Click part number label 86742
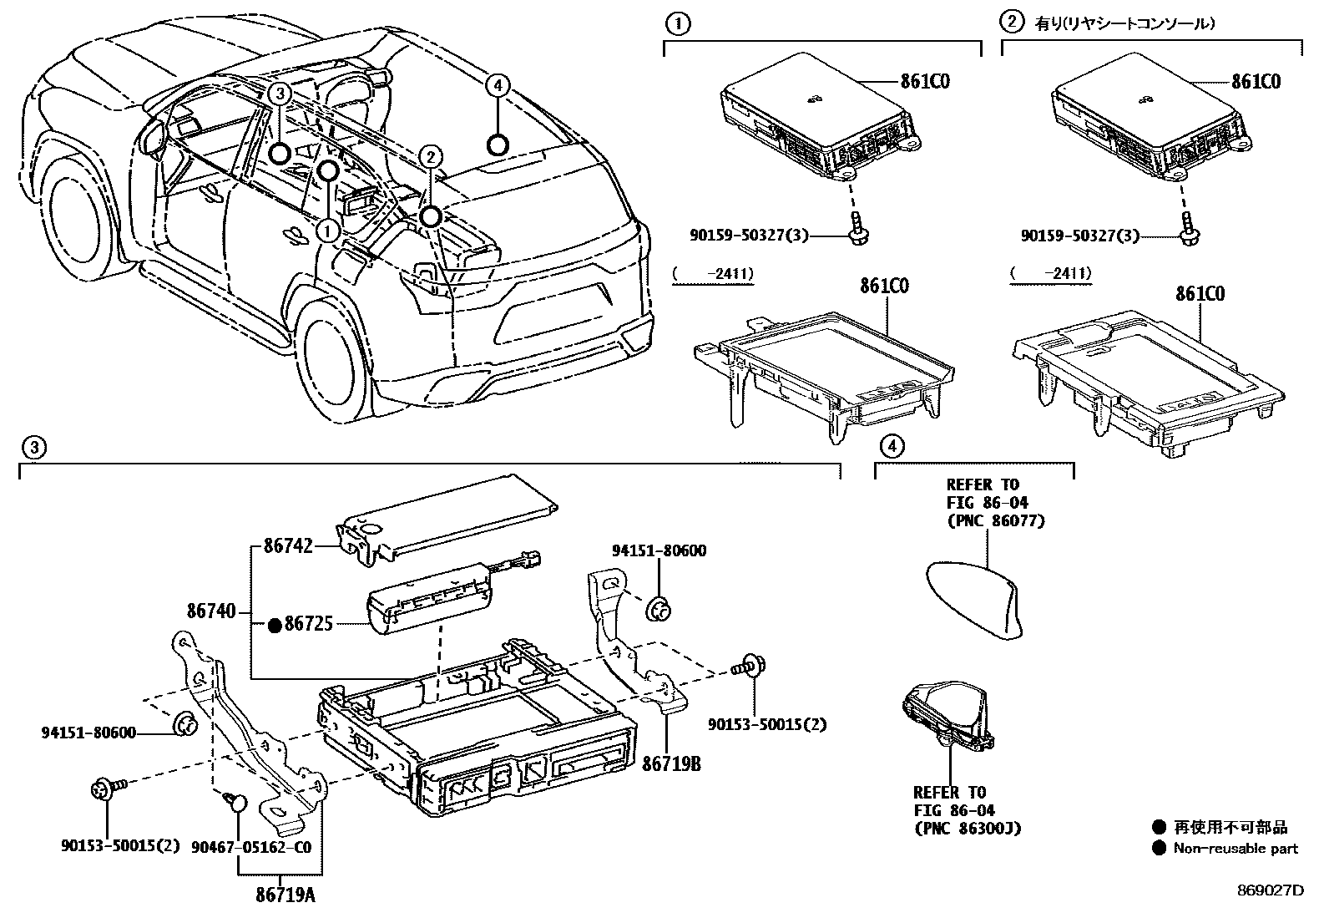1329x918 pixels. pyautogui.click(x=288, y=545)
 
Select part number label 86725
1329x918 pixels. pyautogui.click(x=309, y=623)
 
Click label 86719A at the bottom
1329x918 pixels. pyautogui.click(x=286, y=895)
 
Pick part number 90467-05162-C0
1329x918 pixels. pyautogui.click(x=261, y=846)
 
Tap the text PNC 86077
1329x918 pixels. pyautogui.click(x=995, y=520)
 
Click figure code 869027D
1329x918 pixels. pyautogui.click(x=1270, y=890)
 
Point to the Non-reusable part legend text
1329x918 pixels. pyautogui.click(x=1236, y=849)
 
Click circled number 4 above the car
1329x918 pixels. pyautogui.click(x=498, y=84)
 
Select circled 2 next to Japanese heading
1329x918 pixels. pyautogui.click(x=1012, y=23)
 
